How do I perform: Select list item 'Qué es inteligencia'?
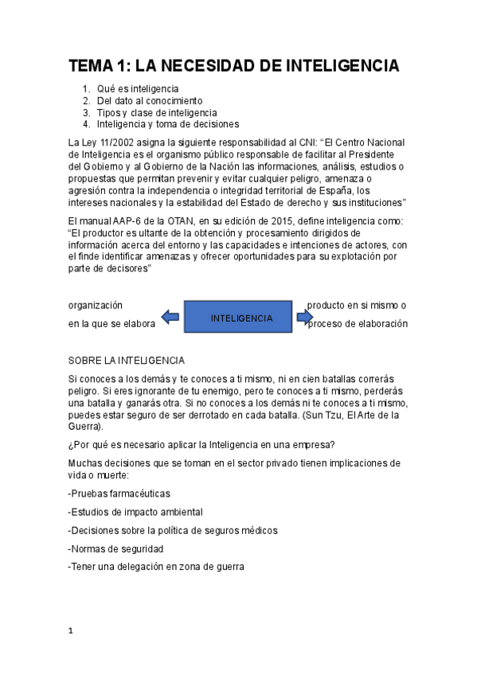137,88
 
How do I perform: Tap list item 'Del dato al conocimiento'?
149,100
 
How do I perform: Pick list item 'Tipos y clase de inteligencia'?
156,112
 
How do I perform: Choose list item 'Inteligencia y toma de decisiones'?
167,124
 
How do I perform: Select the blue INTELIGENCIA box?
241,318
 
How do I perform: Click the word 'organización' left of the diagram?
95,305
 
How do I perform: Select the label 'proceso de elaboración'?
358,324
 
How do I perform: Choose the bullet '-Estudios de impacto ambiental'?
135,512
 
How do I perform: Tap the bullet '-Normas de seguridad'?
115,548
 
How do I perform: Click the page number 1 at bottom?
71,631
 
